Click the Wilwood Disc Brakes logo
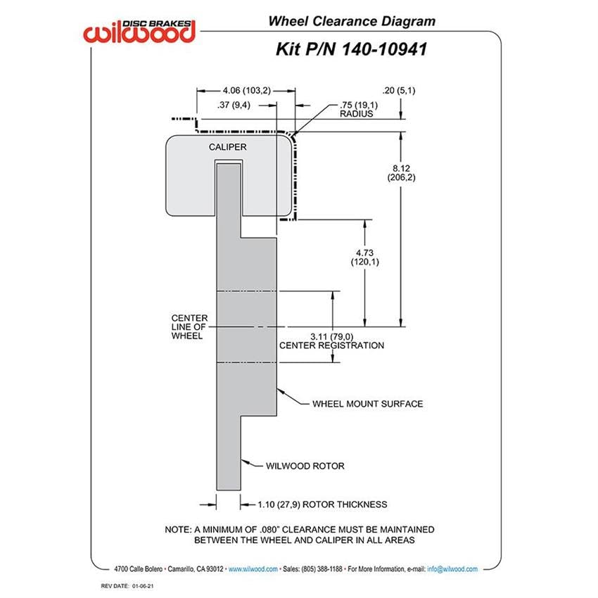(x=139, y=32)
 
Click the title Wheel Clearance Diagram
(x=352, y=21)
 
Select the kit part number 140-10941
(x=383, y=49)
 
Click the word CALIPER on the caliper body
(x=227, y=147)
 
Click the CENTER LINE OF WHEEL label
(x=189, y=327)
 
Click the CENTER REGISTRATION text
(x=331, y=345)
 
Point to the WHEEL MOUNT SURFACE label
(x=368, y=404)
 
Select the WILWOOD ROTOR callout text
(x=305, y=466)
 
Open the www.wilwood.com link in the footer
(x=253, y=569)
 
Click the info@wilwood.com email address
(x=452, y=569)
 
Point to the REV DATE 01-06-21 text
(x=127, y=586)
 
